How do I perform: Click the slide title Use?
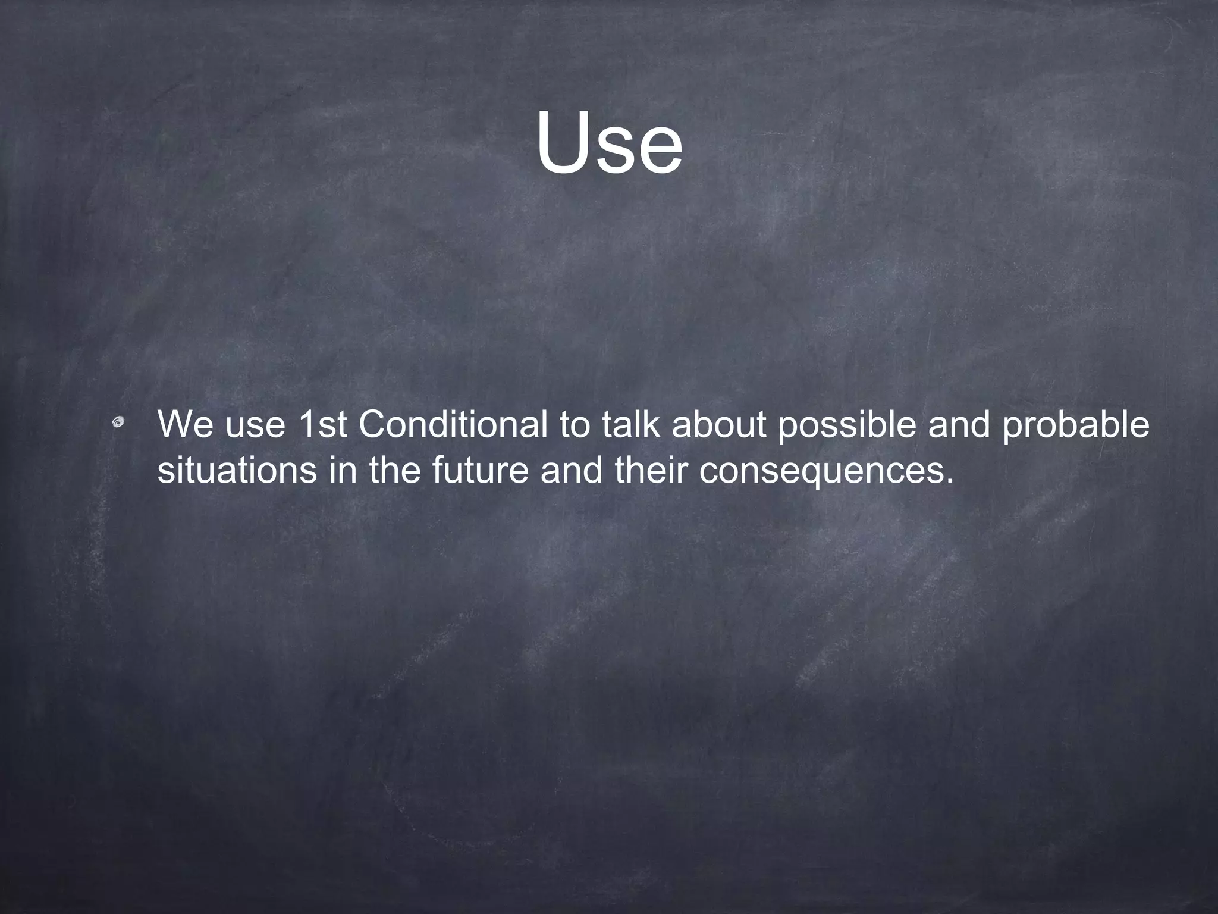coord(609,143)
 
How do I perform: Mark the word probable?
coord(1076,426)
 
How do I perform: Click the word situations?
coord(237,470)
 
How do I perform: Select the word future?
coord(480,470)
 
